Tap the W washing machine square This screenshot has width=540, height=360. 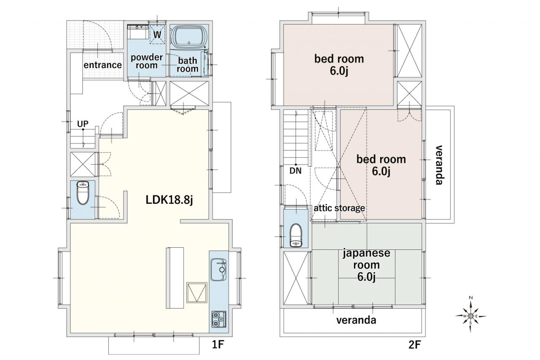tap(157, 35)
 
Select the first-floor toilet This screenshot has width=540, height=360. tap(83, 193)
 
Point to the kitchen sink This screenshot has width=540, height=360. tap(219, 270)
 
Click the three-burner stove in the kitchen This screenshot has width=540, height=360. tap(219, 319)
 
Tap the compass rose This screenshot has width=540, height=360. tap(470, 316)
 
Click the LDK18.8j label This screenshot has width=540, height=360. tap(169, 200)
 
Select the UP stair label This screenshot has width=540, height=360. tap(83, 124)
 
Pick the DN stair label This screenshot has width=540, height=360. tap(296, 171)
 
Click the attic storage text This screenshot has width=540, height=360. tap(339, 208)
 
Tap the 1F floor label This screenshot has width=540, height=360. tap(218, 345)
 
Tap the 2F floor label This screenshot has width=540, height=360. tap(415, 345)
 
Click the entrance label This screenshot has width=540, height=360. tap(103, 65)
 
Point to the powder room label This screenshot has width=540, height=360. tap(146, 61)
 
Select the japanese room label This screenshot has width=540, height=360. tap(367, 265)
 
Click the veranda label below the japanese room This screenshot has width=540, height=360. tap(356, 320)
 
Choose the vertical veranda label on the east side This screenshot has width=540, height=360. tap(440, 165)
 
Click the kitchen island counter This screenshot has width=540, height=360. tap(175, 278)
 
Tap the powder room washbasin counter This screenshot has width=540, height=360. tap(138, 32)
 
